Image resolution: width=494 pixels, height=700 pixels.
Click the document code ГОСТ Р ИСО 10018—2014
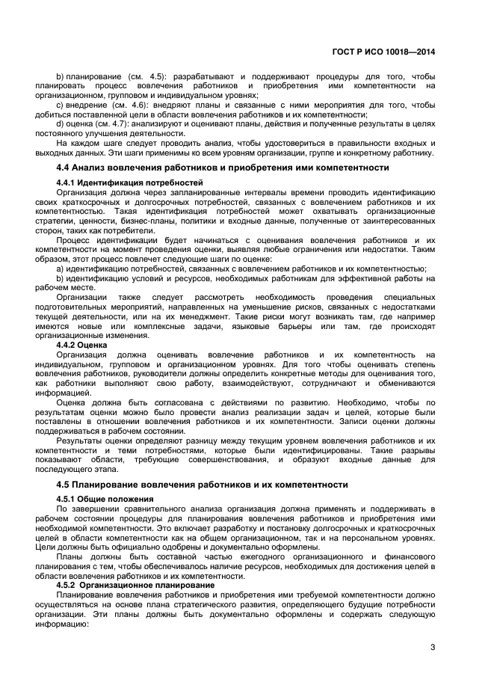pyautogui.click(x=383, y=52)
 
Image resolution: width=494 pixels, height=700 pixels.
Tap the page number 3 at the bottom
pyautogui.click(x=433, y=648)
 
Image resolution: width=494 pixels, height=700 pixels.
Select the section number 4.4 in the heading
pyautogui.click(x=64, y=168)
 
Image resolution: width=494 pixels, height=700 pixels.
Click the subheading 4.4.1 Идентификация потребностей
pyautogui.click(x=119, y=182)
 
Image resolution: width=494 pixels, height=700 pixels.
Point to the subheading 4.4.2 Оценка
pyautogui.click(x=81, y=346)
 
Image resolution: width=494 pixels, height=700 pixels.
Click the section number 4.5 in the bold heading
pyautogui.click(x=64, y=485)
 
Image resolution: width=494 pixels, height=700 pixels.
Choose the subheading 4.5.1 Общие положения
pyautogui.click(x=103, y=498)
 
